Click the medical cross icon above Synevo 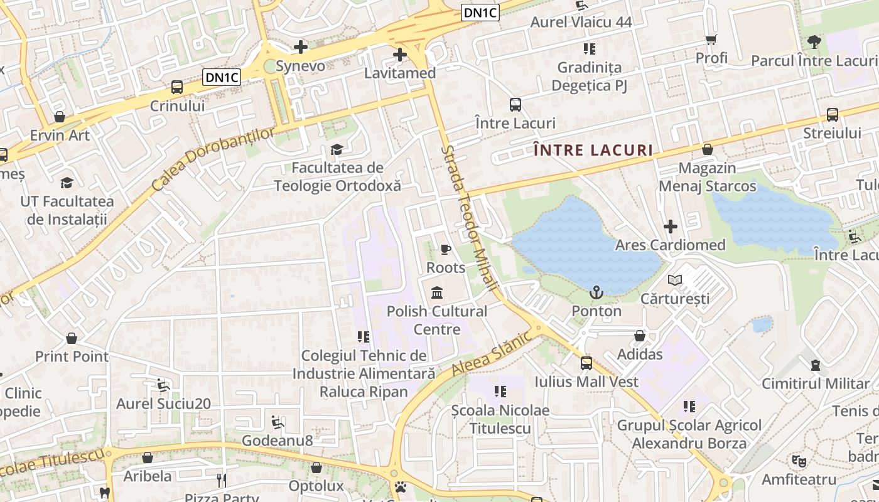point(301,46)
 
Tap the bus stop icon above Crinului point(177,87)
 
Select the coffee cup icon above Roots point(446,249)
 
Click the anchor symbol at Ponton point(596,292)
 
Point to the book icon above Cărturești point(675,280)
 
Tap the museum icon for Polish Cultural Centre point(437,292)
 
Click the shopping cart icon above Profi point(711,40)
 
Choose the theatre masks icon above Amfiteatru point(799,461)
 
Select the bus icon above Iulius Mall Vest point(586,363)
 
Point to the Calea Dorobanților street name point(213,160)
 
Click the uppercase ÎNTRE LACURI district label point(593,151)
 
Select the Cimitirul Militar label point(815,383)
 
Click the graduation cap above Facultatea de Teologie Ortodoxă point(337,149)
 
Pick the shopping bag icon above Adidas point(640,336)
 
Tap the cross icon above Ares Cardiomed point(671,226)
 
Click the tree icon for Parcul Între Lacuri point(814,42)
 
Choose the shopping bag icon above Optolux point(316,467)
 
